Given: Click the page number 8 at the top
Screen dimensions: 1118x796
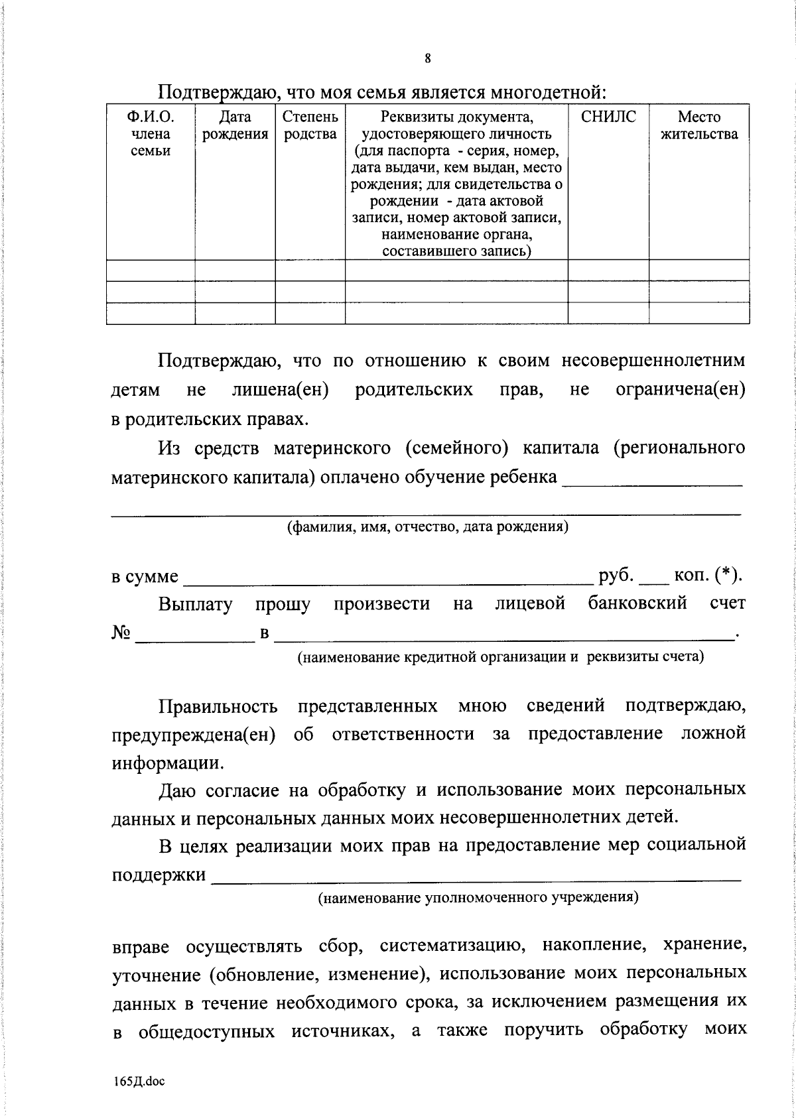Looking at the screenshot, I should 428,58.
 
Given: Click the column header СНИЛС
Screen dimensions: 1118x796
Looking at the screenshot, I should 608,118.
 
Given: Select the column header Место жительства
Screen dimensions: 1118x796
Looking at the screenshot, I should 699,126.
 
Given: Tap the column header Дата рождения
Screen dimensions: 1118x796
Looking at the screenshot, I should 235,126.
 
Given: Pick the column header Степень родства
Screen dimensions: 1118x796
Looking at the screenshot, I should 310,126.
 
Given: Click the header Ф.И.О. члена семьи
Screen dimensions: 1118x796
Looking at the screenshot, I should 151,134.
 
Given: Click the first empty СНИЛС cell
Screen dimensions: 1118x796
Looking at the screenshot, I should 608,271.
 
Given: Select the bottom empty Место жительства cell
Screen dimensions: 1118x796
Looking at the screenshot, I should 699,312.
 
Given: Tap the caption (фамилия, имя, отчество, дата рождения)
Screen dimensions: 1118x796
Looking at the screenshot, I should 428,527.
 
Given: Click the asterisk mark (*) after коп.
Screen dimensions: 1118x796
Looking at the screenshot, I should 727,576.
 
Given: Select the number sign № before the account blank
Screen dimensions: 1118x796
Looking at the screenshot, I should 120,633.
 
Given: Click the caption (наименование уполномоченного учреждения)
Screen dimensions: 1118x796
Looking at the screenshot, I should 478,898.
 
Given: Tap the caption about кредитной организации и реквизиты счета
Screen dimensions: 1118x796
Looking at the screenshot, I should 500,657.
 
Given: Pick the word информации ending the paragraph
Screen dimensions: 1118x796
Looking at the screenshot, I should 166,763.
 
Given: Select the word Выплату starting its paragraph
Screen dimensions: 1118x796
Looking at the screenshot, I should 195,604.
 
